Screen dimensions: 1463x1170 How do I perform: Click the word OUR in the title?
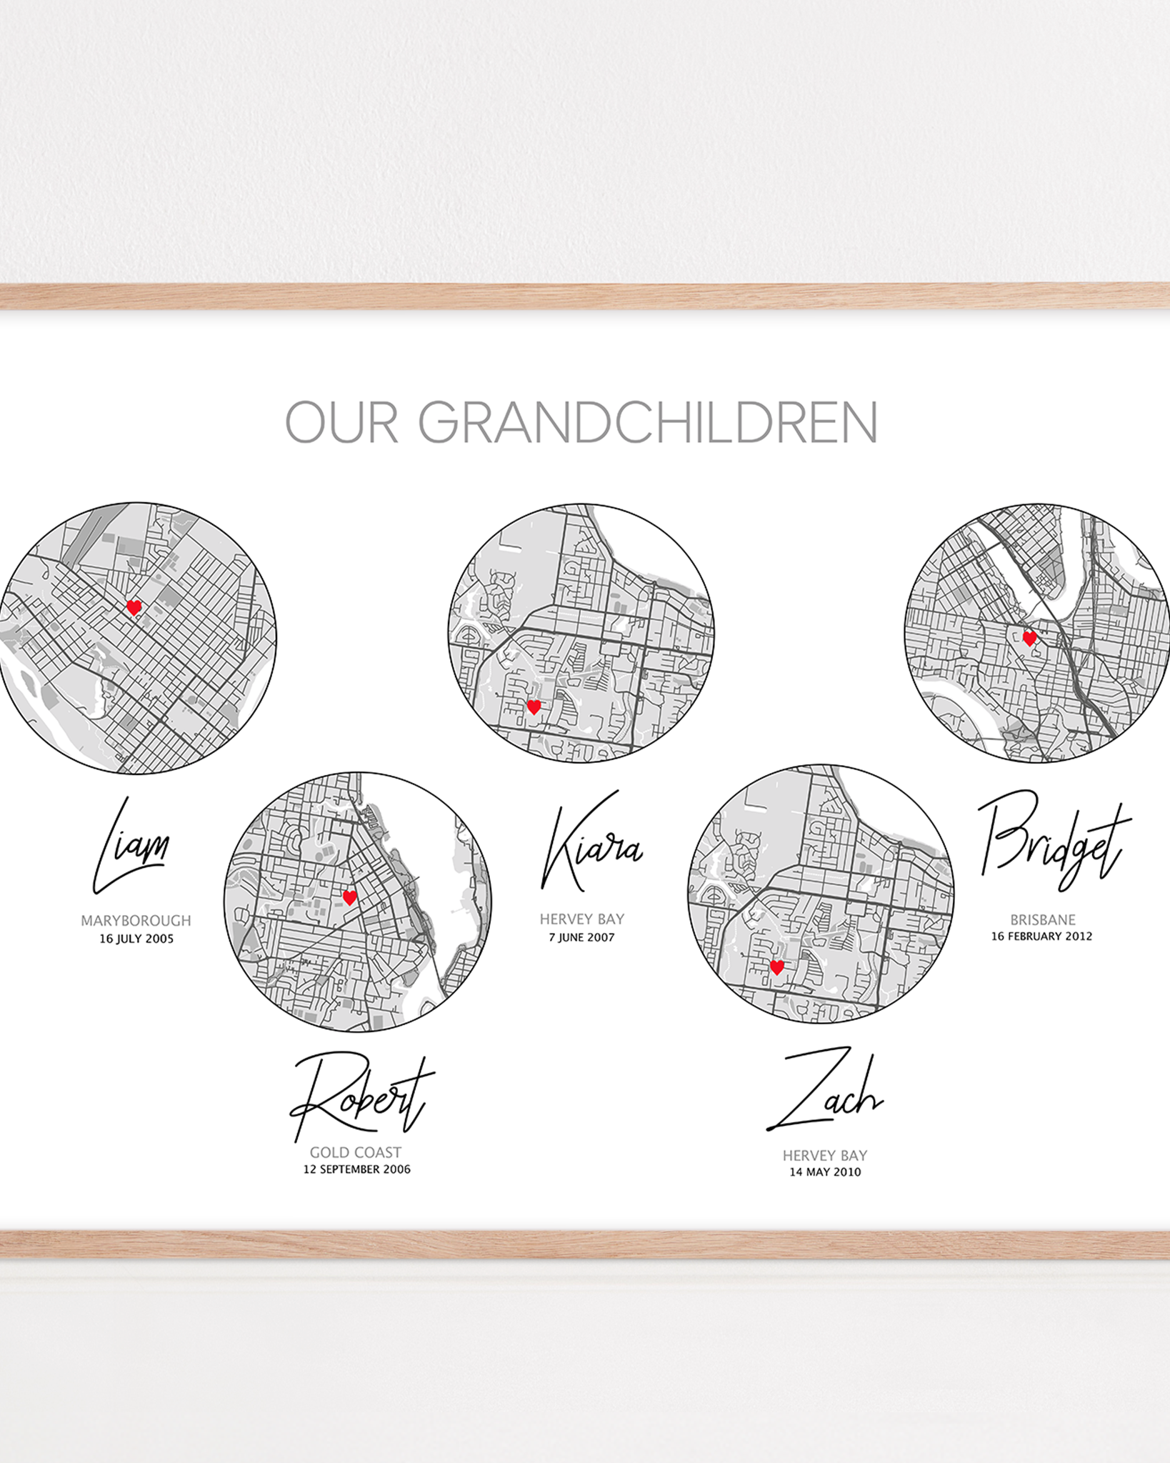coord(341,422)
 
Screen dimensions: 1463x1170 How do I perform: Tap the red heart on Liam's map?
coord(134,608)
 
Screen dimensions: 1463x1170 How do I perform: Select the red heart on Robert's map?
coord(349,898)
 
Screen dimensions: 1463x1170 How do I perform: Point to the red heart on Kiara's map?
coord(534,707)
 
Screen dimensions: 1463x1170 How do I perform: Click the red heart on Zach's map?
coord(776,967)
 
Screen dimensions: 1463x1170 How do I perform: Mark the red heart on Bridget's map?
coord(1029,638)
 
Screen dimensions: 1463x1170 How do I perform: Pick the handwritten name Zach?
coord(826,1092)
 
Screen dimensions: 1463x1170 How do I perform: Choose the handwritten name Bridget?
coord(1053,839)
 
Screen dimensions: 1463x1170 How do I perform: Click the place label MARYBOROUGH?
coord(136,921)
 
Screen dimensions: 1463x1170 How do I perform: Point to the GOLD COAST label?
coord(356,1152)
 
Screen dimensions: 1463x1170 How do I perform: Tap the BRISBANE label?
coord(1042,920)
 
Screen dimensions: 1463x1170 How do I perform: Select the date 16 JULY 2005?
coord(136,939)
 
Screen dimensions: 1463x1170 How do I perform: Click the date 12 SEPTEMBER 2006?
coord(356,1169)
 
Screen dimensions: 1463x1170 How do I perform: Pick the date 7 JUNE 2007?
coord(581,937)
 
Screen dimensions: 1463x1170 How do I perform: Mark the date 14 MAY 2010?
coord(825,1172)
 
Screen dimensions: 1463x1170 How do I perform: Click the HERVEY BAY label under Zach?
coord(825,1155)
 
